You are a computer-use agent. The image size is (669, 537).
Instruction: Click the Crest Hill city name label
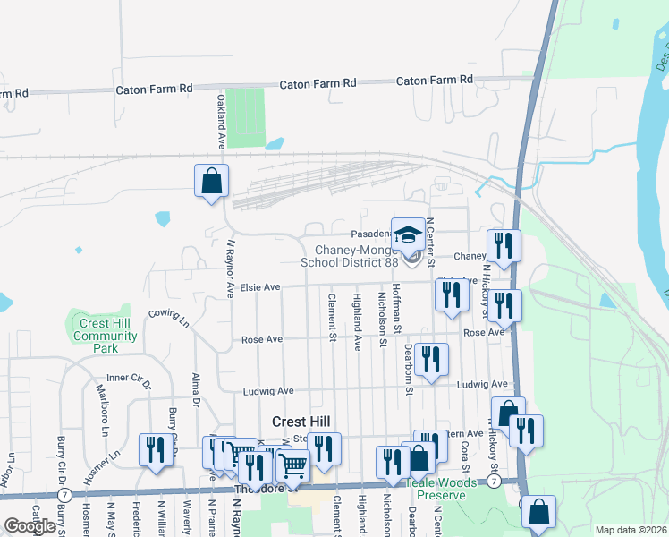click(301, 422)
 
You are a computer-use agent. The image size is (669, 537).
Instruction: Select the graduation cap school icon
click(408, 235)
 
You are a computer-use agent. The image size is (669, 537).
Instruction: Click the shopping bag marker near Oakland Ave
click(211, 181)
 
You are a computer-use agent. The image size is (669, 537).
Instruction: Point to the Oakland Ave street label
click(220, 123)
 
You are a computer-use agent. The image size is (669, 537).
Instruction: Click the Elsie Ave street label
click(260, 287)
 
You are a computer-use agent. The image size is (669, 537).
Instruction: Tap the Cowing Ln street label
click(170, 316)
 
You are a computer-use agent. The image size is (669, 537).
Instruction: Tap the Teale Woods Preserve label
click(436, 489)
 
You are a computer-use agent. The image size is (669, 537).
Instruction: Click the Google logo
click(30, 526)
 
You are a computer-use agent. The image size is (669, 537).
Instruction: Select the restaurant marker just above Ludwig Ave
click(431, 360)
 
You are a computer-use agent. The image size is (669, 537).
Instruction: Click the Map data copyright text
click(631, 530)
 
